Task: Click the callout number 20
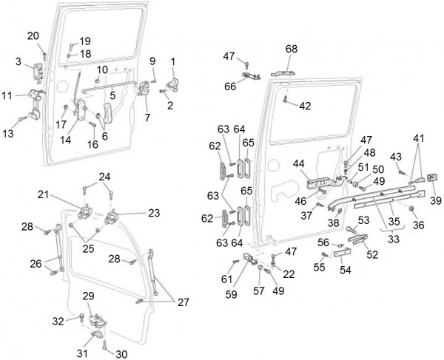[x=33, y=35]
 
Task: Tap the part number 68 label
[x=291, y=49]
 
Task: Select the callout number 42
[x=305, y=106]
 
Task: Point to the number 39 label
[x=434, y=201]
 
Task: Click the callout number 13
[x=9, y=133]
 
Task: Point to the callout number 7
[x=147, y=118]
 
